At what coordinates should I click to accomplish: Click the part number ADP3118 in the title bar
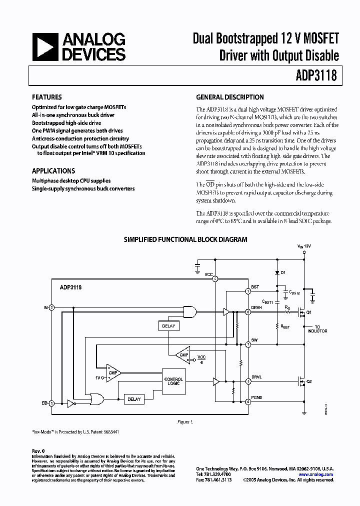(x=315, y=75)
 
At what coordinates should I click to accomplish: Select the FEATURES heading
(x=46, y=97)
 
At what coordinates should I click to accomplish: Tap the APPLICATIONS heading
(x=53, y=170)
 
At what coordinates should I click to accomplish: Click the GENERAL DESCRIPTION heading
(x=230, y=97)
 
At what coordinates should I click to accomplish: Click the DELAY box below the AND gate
(x=168, y=326)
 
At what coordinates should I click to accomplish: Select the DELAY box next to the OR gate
(x=134, y=399)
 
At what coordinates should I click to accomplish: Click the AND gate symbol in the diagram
(x=190, y=312)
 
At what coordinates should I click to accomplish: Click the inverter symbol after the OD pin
(x=71, y=402)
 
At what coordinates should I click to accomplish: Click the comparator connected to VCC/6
(x=183, y=354)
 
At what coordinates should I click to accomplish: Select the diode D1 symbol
(x=278, y=273)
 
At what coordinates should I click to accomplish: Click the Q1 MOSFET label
(x=308, y=312)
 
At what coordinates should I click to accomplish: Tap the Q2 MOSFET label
(x=308, y=381)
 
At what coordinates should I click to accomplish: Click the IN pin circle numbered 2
(x=51, y=307)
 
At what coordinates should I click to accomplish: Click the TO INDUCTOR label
(x=317, y=329)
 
